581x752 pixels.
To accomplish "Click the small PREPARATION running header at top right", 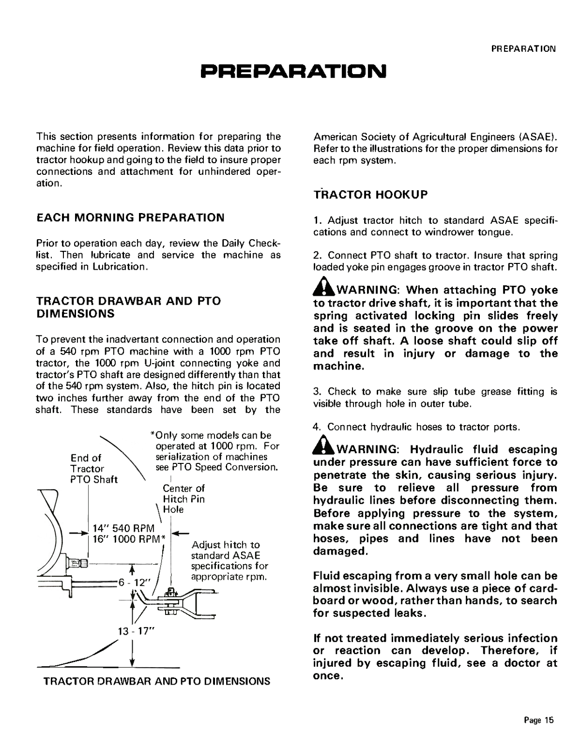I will pyautogui.click(x=523, y=49).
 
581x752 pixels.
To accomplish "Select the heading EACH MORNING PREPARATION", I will pyautogui.click(x=131, y=217).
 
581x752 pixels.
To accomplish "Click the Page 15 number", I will pyautogui.click(x=538, y=720).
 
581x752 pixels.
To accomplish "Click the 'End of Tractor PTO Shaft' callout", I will pyautogui.click(x=93, y=469).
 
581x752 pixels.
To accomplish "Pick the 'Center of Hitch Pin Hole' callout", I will pyautogui.click(x=183, y=499).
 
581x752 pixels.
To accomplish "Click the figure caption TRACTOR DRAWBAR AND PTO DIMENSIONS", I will pyautogui.click(x=157, y=681).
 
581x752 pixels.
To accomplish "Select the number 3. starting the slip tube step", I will pyautogui.click(x=317, y=391).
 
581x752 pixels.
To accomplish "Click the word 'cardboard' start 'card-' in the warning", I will pyautogui.click(x=541, y=588).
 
